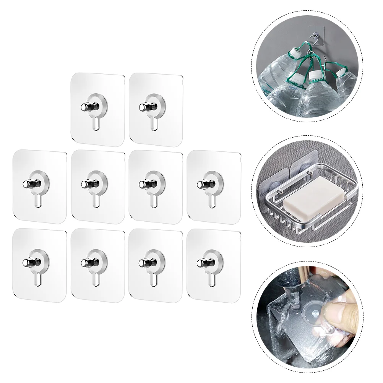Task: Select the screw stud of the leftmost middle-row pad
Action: click(x=27, y=184)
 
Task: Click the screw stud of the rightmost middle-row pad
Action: click(x=201, y=184)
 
